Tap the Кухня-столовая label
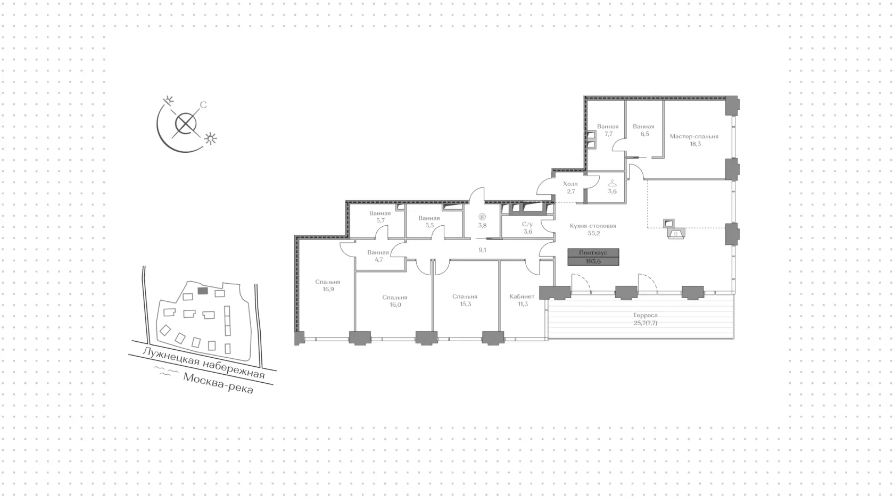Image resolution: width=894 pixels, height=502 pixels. click(593, 226)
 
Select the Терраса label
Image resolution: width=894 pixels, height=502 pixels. click(645, 316)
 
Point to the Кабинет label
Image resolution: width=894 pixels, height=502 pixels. click(522, 297)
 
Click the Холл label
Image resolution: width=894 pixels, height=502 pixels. click(570, 184)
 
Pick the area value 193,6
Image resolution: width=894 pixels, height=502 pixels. click(593, 261)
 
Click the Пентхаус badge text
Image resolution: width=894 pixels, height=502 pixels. click(593, 253)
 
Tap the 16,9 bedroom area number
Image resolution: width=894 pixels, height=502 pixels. click(328, 289)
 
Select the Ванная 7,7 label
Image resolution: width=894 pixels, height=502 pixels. click(608, 130)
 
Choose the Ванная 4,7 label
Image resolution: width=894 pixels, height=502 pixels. click(378, 256)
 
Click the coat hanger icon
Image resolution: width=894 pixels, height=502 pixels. click(612, 183)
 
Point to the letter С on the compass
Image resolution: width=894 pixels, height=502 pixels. click(203, 105)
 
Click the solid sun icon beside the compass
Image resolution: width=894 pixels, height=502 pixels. click(211, 138)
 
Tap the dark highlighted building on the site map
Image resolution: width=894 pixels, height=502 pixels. click(203, 291)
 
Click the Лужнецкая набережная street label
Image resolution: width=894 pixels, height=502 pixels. click(203, 363)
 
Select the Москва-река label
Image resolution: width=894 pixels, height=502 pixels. click(218, 383)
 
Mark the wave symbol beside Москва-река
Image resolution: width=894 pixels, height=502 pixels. click(167, 372)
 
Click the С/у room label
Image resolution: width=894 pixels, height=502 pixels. click(528, 228)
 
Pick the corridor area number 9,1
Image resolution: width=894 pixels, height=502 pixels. click(483, 250)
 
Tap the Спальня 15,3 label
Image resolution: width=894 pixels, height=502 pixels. click(465, 300)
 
